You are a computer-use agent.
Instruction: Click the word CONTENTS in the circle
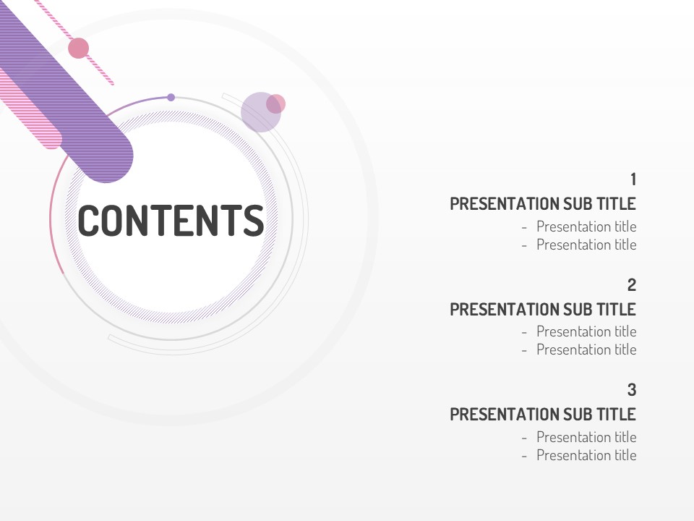pyautogui.click(x=171, y=220)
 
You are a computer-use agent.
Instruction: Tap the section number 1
pyautogui.click(x=633, y=179)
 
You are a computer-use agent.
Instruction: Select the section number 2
pyautogui.click(x=632, y=285)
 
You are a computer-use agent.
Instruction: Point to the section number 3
pyautogui.click(x=632, y=390)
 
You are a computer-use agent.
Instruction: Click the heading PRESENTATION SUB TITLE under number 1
pyautogui.click(x=543, y=204)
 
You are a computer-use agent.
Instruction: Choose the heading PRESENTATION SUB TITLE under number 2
pyautogui.click(x=543, y=309)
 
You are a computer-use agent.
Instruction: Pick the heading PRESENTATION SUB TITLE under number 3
pyautogui.click(x=543, y=414)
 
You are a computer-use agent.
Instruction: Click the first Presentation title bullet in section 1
pyautogui.click(x=579, y=226)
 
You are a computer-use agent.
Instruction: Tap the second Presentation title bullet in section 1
pyautogui.click(x=579, y=245)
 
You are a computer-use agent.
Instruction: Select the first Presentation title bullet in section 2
pyautogui.click(x=579, y=331)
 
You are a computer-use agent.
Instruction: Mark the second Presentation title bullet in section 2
pyautogui.click(x=579, y=350)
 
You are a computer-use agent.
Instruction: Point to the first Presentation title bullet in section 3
pyautogui.click(x=579, y=437)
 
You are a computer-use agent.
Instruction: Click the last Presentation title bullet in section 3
pyautogui.click(x=579, y=455)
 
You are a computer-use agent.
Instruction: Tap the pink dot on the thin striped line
pyautogui.click(x=78, y=48)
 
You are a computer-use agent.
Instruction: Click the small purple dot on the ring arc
pyautogui.click(x=171, y=98)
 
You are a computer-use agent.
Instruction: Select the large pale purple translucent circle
pyautogui.click(x=260, y=112)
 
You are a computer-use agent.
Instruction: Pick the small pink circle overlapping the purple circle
pyautogui.click(x=275, y=104)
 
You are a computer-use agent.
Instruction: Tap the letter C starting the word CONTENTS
pyautogui.click(x=90, y=220)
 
